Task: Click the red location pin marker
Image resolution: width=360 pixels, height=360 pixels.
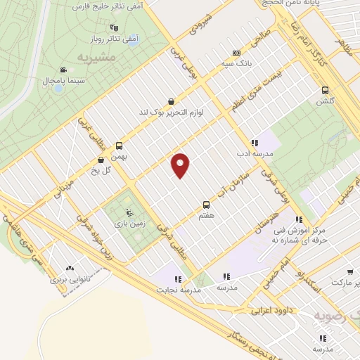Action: click(181, 165)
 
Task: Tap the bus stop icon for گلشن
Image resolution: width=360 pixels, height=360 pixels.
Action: click(325, 90)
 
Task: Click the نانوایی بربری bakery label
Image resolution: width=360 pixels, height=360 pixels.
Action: click(69, 279)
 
